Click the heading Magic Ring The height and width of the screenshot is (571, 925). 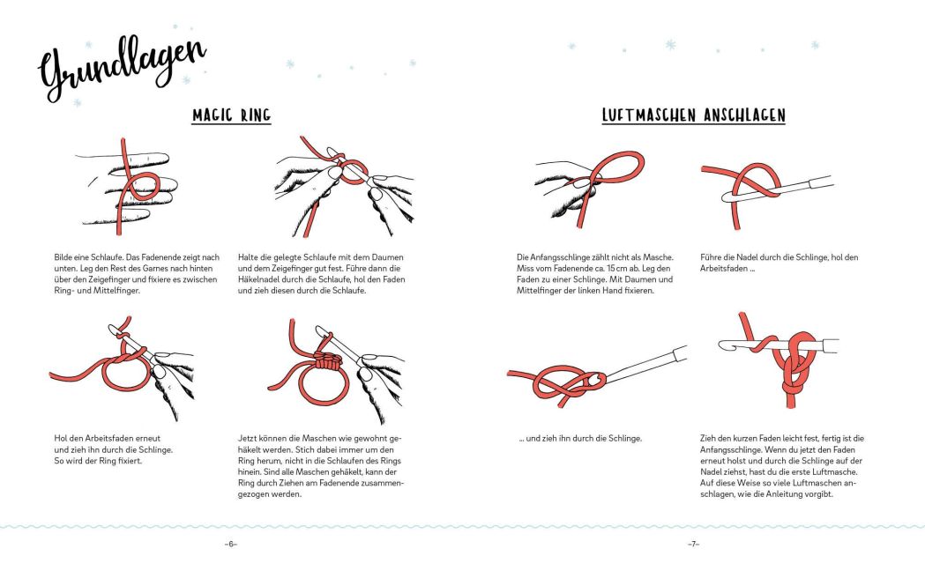tap(231, 115)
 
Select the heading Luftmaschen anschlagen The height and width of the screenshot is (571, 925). tap(693, 115)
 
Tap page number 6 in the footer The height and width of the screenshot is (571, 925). tap(231, 545)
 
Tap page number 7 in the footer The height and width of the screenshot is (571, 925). tap(693, 545)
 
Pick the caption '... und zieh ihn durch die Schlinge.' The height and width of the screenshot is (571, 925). tap(580, 439)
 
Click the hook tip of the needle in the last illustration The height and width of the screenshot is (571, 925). tap(724, 344)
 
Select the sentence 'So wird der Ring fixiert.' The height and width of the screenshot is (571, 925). tap(98, 461)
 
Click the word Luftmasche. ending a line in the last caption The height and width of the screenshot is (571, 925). tap(835, 472)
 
